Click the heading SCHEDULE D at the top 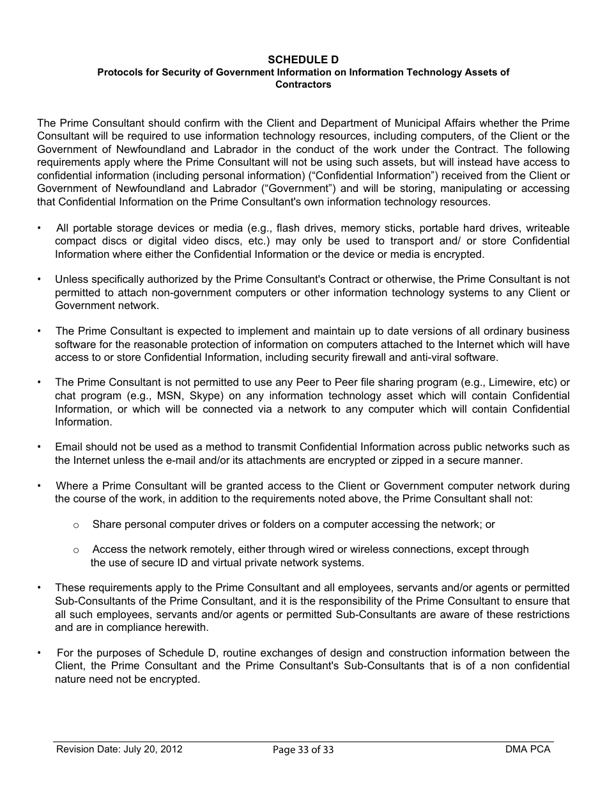pyautogui.click(x=303, y=60)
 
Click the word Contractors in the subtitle pyautogui.click(x=303, y=84)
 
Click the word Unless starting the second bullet pyautogui.click(x=70, y=280)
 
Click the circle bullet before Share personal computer pyautogui.click(x=76, y=525)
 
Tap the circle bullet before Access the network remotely pyautogui.click(x=76, y=550)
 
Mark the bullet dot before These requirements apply pyautogui.click(x=40, y=587)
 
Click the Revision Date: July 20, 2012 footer pyautogui.click(x=119, y=749)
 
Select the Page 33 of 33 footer pyautogui.click(x=303, y=750)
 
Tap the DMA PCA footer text pyautogui.click(x=527, y=749)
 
